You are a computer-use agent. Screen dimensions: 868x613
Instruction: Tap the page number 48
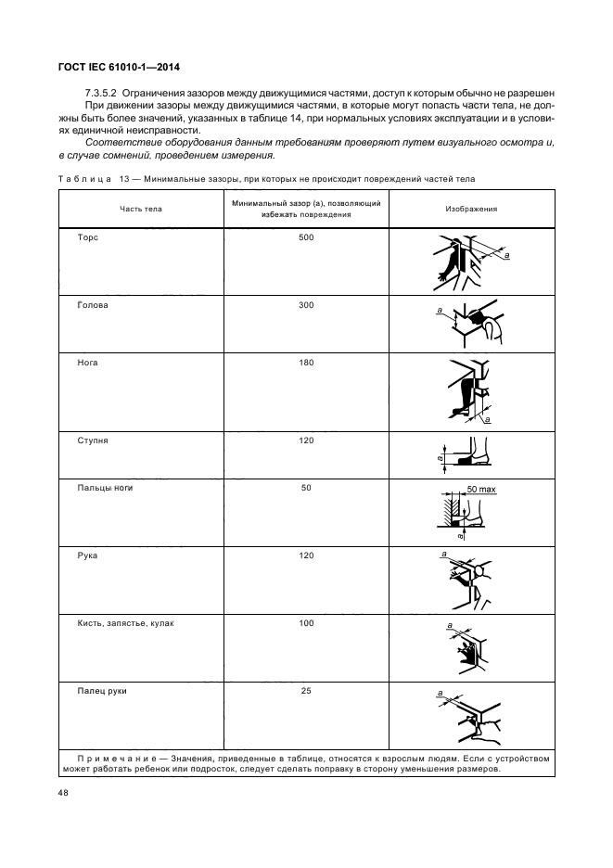pyautogui.click(x=64, y=793)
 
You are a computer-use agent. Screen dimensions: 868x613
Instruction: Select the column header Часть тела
pyautogui.click(x=140, y=209)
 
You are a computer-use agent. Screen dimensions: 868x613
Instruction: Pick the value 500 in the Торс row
pyautogui.click(x=307, y=238)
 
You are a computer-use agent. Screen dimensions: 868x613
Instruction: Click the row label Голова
pyautogui.click(x=93, y=305)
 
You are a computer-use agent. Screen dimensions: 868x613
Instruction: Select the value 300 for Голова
pyautogui.click(x=307, y=305)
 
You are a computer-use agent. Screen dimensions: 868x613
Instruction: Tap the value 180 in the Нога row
pyautogui.click(x=307, y=363)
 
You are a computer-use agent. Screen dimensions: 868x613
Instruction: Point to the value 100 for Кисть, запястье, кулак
pyautogui.click(x=307, y=623)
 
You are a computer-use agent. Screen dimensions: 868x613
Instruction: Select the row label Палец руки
pyautogui.click(x=102, y=691)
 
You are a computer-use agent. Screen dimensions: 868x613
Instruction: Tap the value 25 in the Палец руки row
pyautogui.click(x=307, y=691)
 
